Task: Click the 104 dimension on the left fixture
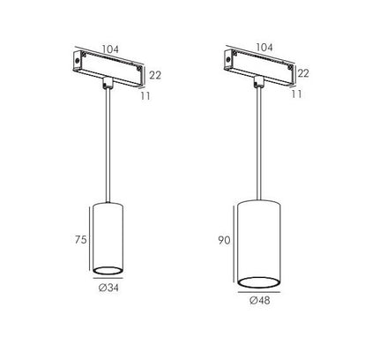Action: coord(110,49)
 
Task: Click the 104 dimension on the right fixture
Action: coord(264,48)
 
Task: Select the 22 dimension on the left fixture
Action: coord(155,75)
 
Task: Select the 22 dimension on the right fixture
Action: coord(303,73)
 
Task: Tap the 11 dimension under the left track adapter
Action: coord(145,96)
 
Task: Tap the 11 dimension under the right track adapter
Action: coord(297,94)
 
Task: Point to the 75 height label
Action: coord(81,240)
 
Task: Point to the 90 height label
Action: coord(224,241)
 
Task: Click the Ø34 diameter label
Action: coord(108,288)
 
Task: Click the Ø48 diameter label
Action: coord(260,301)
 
